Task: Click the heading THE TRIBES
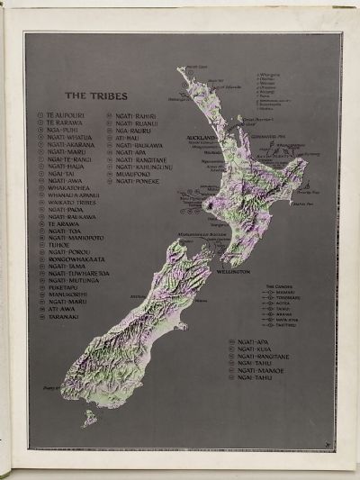[x=89, y=95]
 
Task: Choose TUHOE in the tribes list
[x=58, y=244]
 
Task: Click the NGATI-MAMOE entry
[x=262, y=376]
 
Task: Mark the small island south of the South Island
[x=89, y=417]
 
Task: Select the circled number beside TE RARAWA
[x=40, y=123]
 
